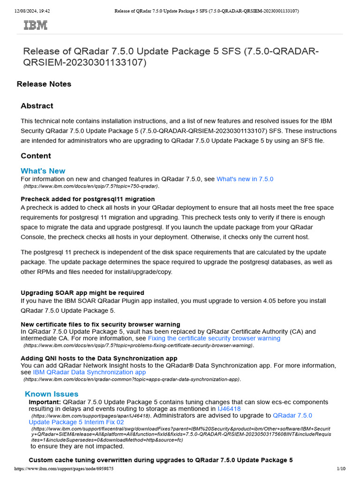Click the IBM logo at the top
tap(36, 25)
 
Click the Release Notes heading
tap(44, 84)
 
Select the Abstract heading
tap(37, 106)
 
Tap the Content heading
tap(36, 156)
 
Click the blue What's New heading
tap(43, 171)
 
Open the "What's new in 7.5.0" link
tap(245, 179)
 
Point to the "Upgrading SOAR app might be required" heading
tap(82, 292)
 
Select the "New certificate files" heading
tap(100, 324)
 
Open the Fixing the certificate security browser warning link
tap(214, 338)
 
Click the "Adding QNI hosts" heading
tap(99, 358)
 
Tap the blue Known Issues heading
tap(52, 394)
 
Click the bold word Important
tap(45, 402)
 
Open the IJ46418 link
tap(229, 409)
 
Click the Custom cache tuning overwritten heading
tap(161, 460)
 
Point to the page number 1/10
tap(341, 469)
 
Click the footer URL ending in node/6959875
tap(64, 469)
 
